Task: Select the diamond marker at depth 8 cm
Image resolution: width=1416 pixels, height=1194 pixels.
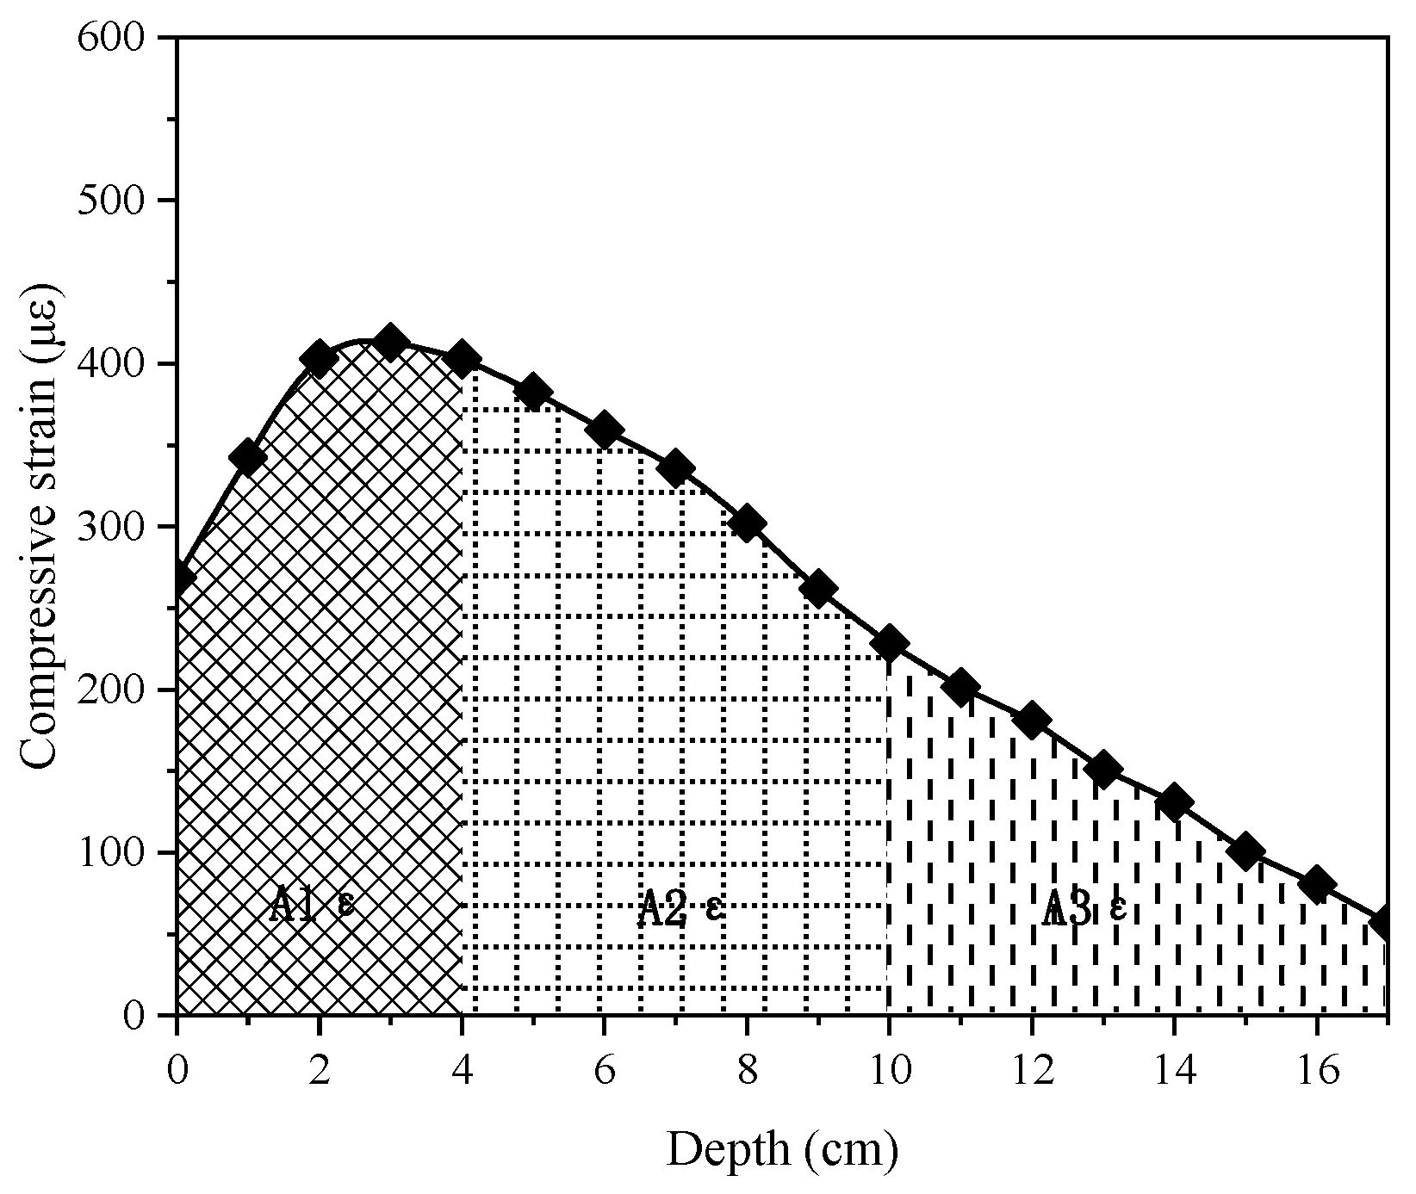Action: click(x=747, y=523)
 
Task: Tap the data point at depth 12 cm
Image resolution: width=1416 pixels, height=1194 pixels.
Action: click(x=1032, y=720)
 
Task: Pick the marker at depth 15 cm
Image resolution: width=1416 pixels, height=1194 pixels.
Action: click(x=1245, y=851)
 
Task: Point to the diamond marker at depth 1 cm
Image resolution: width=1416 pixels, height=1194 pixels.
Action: click(x=248, y=457)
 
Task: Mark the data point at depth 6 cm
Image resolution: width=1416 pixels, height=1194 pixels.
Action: click(x=604, y=430)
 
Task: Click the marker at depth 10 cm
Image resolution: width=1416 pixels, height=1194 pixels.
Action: click(x=889, y=643)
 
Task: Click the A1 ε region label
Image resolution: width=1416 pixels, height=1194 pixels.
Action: click(x=311, y=906)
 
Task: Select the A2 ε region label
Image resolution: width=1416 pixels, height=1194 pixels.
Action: click(x=680, y=908)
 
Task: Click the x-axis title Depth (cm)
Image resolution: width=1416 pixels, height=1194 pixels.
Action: click(x=782, y=1150)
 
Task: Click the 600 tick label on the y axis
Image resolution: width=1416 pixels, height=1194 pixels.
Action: click(x=123, y=39)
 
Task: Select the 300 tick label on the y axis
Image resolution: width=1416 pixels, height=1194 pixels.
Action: click(x=123, y=527)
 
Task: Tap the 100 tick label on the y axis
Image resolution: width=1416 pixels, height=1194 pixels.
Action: click(x=123, y=853)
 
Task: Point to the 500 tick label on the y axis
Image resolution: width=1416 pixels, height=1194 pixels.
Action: click(x=123, y=201)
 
